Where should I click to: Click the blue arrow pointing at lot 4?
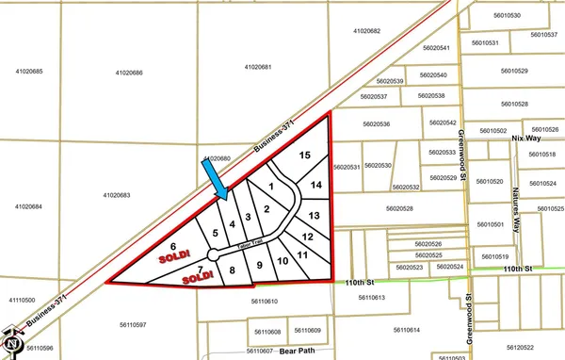click(x=216, y=179)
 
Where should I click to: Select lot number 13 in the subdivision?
click(x=315, y=216)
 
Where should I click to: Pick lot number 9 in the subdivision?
click(x=259, y=265)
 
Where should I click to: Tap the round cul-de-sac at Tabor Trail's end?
click(x=214, y=254)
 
